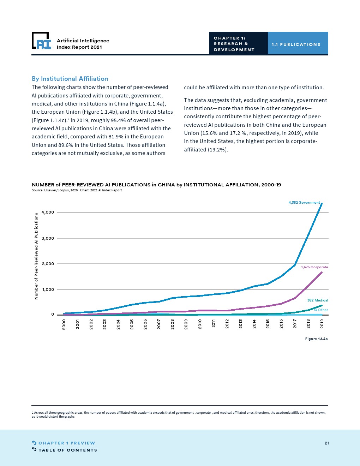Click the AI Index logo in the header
coord(41,41)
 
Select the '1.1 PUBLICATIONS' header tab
coord(296,44)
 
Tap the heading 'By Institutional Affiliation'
coord(70,79)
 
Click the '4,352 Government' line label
coord(304,203)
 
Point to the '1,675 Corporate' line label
coord(314,267)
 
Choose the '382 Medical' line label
coord(317,300)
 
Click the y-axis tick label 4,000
coord(48,212)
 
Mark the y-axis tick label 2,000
coord(48,264)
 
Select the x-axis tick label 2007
coord(159,324)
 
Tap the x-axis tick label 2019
coord(322,324)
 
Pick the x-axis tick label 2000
coord(64,324)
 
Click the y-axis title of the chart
coord(36,256)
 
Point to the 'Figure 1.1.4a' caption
coord(316,339)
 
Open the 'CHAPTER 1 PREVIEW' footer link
coord(66,443)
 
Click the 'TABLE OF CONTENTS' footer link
coord(67,450)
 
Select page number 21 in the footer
coord(327,443)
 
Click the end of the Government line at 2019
coord(321,204)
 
